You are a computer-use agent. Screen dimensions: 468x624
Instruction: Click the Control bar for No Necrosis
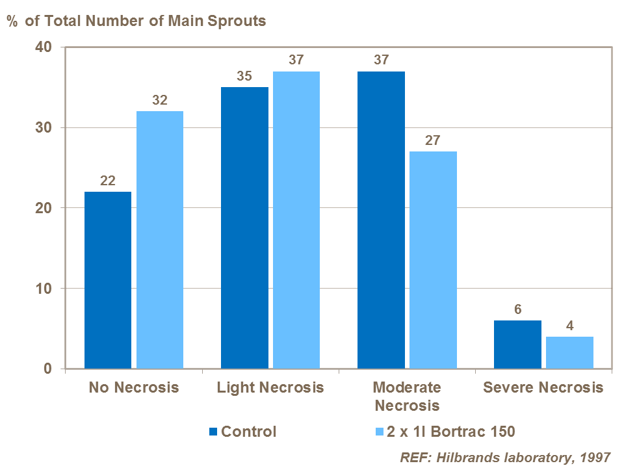click(108, 280)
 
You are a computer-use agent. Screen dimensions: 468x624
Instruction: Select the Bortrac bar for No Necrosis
click(160, 240)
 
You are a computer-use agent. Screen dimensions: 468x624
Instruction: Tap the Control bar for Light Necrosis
click(244, 227)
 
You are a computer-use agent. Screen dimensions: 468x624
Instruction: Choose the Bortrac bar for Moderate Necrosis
click(433, 260)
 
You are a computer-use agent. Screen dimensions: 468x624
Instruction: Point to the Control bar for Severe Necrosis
click(517, 344)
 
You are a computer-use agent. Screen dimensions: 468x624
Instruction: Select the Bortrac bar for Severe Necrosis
click(569, 352)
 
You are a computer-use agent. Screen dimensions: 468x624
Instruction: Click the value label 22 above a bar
click(108, 181)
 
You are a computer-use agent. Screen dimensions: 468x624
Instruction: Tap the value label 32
click(160, 101)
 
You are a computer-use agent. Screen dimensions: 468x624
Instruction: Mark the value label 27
click(433, 140)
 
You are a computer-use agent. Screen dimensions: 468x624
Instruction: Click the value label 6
click(517, 309)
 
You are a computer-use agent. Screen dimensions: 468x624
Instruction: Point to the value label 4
click(569, 326)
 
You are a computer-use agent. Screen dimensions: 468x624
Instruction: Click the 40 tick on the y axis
click(44, 47)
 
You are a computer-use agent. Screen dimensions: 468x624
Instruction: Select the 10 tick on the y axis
click(44, 289)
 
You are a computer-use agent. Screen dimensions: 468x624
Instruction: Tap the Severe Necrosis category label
click(543, 388)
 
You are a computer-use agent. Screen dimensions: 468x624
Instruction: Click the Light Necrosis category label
click(270, 388)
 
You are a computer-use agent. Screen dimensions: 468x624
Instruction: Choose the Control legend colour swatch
click(214, 432)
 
